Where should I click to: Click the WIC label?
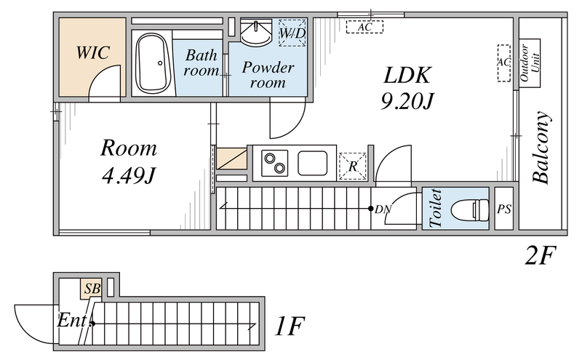click(x=93, y=52)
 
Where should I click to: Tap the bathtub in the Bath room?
click(x=153, y=63)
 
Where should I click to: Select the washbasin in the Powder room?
click(x=256, y=33)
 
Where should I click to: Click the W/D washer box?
click(x=292, y=33)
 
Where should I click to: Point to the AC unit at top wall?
click(x=364, y=27)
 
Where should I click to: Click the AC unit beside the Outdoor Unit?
click(x=503, y=63)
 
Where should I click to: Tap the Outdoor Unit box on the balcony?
click(x=530, y=63)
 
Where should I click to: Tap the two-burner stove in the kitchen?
click(x=275, y=163)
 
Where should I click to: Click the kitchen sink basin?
click(x=313, y=163)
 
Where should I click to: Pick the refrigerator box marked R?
click(x=353, y=167)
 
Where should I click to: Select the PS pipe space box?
click(x=504, y=209)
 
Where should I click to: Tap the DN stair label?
click(x=383, y=209)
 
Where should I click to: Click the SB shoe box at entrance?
click(x=92, y=289)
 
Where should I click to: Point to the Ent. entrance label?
click(x=73, y=321)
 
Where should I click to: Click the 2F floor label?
click(x=541, y=256)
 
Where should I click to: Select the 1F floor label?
click(x=290, y=326)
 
